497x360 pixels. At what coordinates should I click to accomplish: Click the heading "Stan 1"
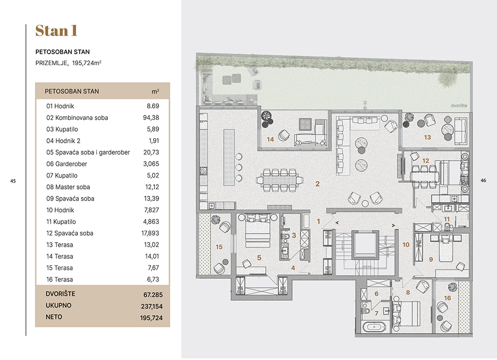coord(57,31)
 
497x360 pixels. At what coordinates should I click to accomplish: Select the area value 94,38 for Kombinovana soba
coord(151,118)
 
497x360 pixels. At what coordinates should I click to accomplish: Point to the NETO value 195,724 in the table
coord(151,318)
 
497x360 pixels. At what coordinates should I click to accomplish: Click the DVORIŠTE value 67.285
coord(153,295)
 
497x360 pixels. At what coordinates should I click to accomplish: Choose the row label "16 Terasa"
coord(60,279)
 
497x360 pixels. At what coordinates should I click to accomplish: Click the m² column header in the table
coord(155,91)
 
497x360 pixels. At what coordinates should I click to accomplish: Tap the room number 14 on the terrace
coord(270,139)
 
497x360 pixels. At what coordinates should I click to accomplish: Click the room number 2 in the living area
coord(317,183)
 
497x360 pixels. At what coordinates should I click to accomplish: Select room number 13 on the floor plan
coord(427,137)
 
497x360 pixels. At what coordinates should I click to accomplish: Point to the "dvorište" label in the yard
coord(459,105)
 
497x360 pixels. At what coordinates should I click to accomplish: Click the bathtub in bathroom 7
coord(374,327)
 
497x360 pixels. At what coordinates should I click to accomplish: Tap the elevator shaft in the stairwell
coord(365,245)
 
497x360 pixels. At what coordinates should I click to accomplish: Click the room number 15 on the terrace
coord(219,247)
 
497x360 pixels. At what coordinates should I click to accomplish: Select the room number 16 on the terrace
coord(447,298)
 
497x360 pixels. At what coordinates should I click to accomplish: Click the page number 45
coord(13,181)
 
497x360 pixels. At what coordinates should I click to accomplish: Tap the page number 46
coord(483,180)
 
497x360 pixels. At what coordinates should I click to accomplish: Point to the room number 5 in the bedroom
coord(259,258)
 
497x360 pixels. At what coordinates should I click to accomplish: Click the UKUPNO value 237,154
coord(152,306)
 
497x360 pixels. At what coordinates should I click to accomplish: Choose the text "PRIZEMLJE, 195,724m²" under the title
coord(69,63)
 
